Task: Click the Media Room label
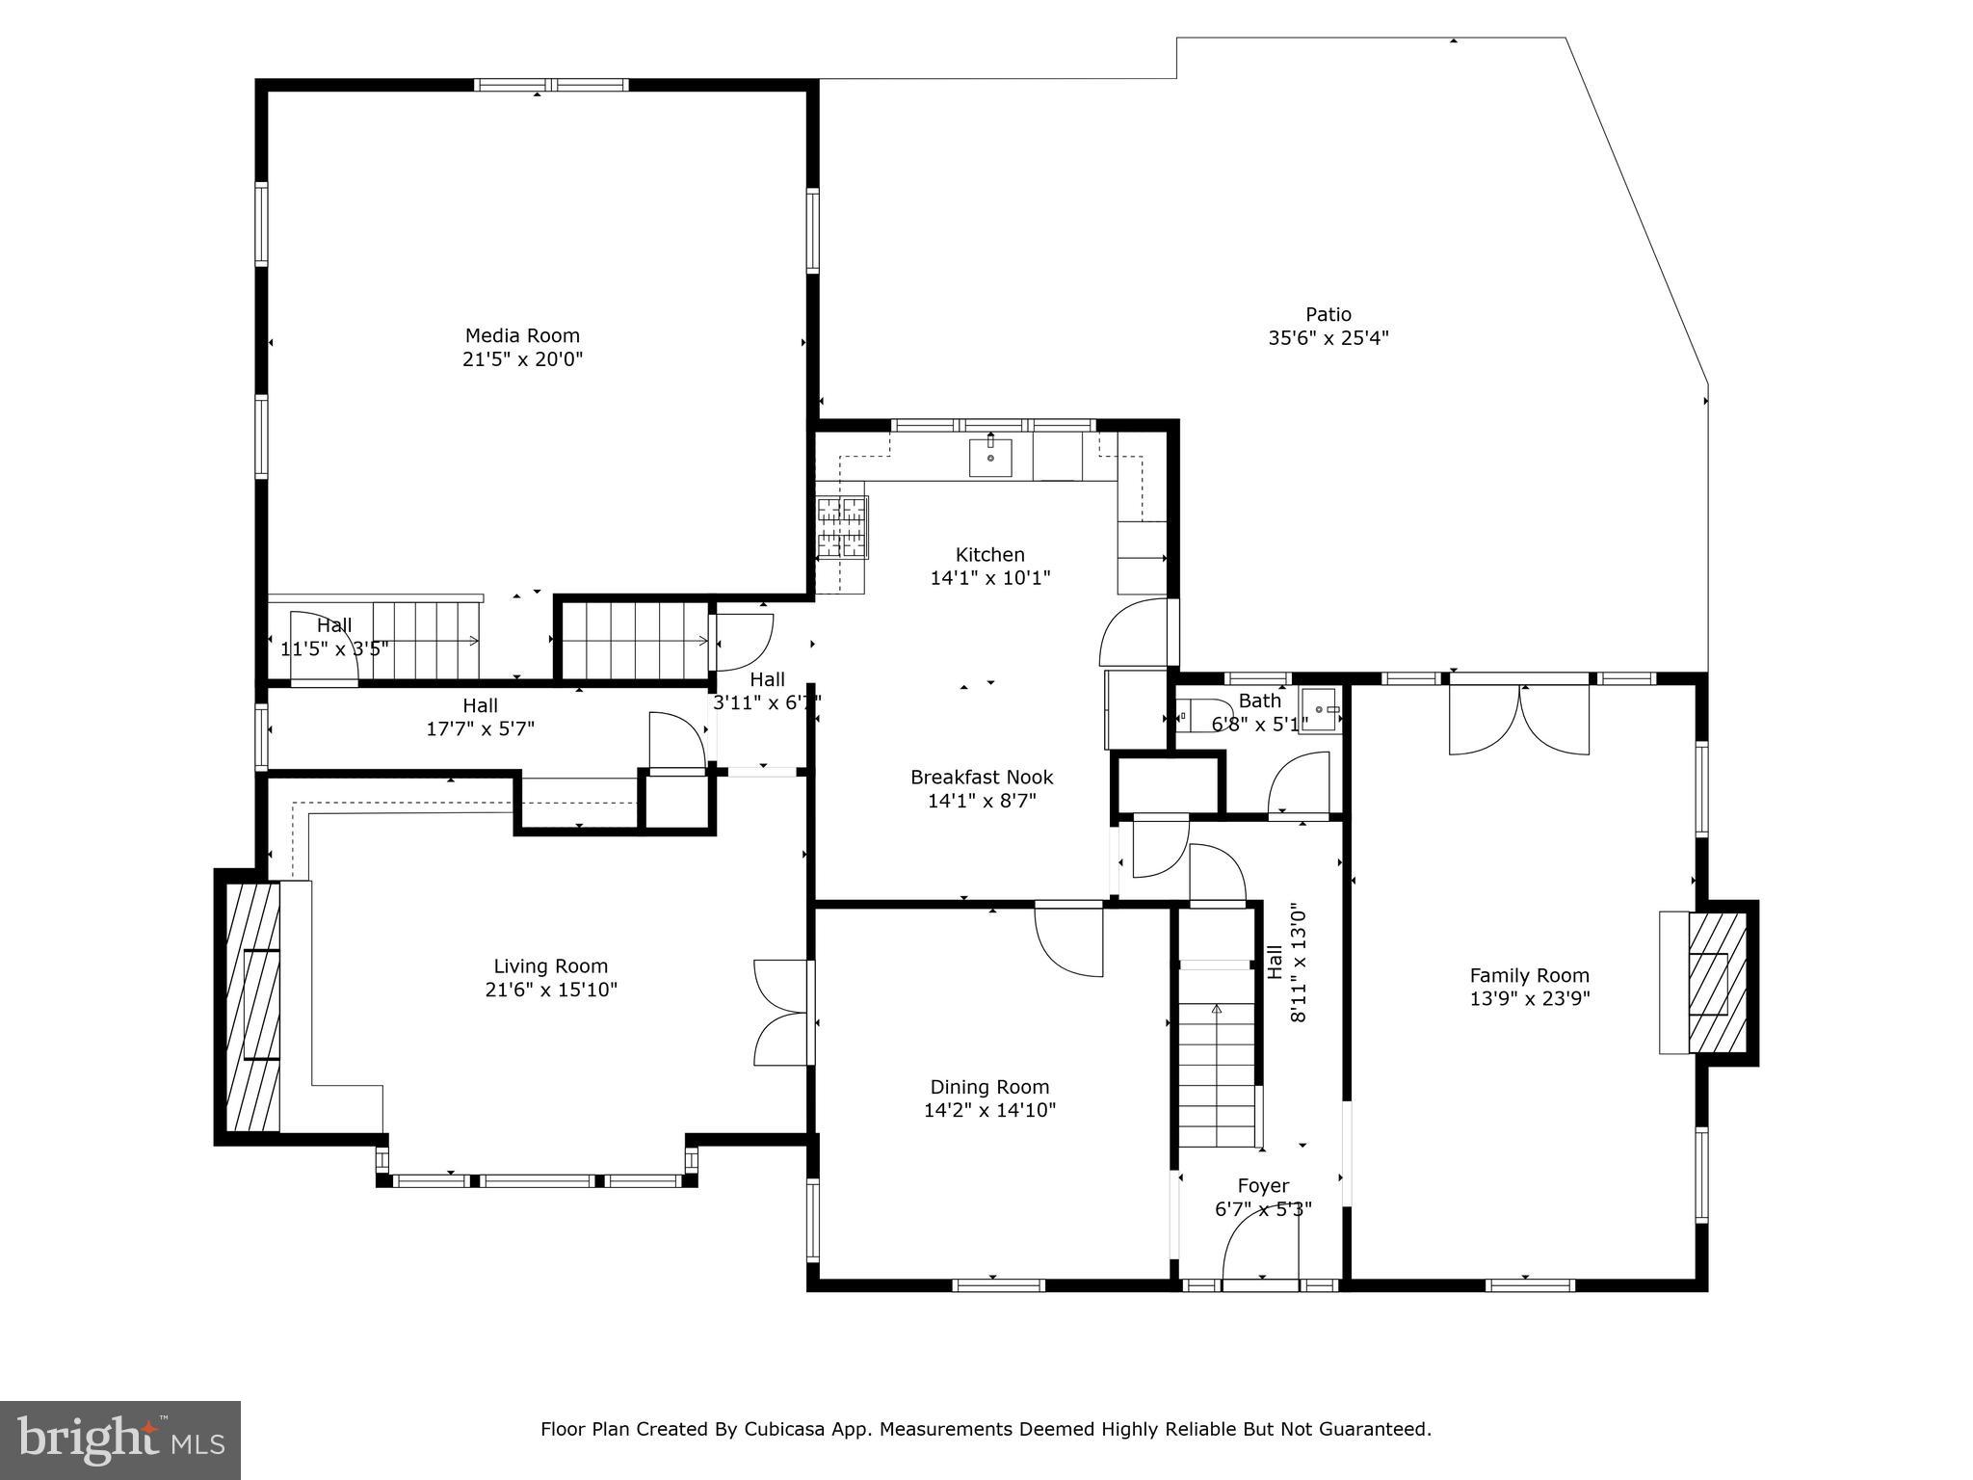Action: (x=522, y=336)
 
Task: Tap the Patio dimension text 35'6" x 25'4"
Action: (x=1328, y=338)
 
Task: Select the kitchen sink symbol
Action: (x=990, y=457)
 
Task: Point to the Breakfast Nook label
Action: (x=982, y=777)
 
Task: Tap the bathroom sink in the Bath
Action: (x=1319, y=710)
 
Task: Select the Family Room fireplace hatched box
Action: (x=1718, y=983)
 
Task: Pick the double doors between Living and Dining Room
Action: (x=782, y=1013)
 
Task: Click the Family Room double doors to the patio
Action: (x=1519, y=719)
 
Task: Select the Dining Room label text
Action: (x=989, y=1087)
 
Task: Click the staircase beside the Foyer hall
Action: (x=1217, y=1070)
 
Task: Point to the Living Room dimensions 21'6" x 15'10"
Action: (x=551, y=990)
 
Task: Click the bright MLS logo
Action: (x=120, y=1440)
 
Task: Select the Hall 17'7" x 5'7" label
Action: (x=480, y=717)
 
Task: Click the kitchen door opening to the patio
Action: (x=1137, y=634)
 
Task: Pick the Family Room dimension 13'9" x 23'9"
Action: (x=1529, y=999)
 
